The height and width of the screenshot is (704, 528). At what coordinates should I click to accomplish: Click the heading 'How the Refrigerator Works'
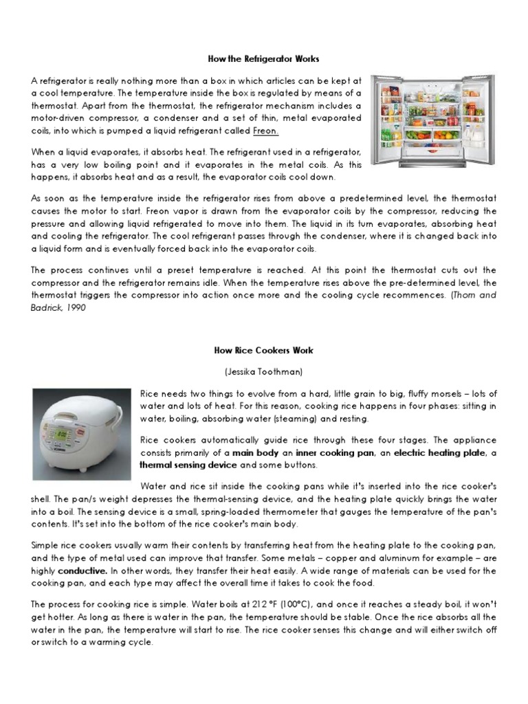(x=264, y=59)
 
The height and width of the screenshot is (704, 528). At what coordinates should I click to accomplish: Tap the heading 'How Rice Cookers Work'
(x=263, y=350)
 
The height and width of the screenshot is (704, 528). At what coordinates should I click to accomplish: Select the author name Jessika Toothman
(x=263, y=371)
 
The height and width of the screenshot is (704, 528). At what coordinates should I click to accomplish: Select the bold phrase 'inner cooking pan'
(x=333, y=453)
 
